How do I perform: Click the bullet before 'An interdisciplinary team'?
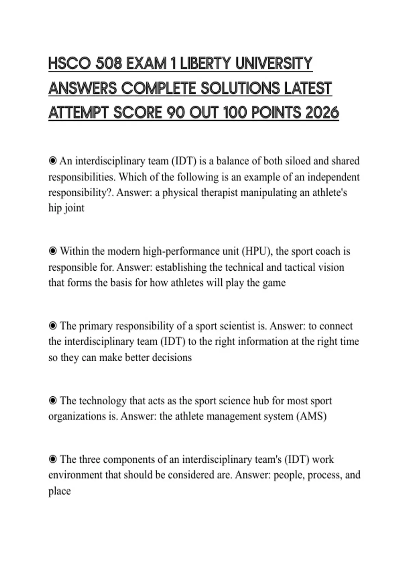(53, 161)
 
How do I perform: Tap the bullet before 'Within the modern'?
(53, 251)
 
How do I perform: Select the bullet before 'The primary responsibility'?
(53, 326)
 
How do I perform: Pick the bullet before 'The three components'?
(53, 459)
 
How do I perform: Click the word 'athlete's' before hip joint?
(329, 193)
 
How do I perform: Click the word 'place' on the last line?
(59, 491)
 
